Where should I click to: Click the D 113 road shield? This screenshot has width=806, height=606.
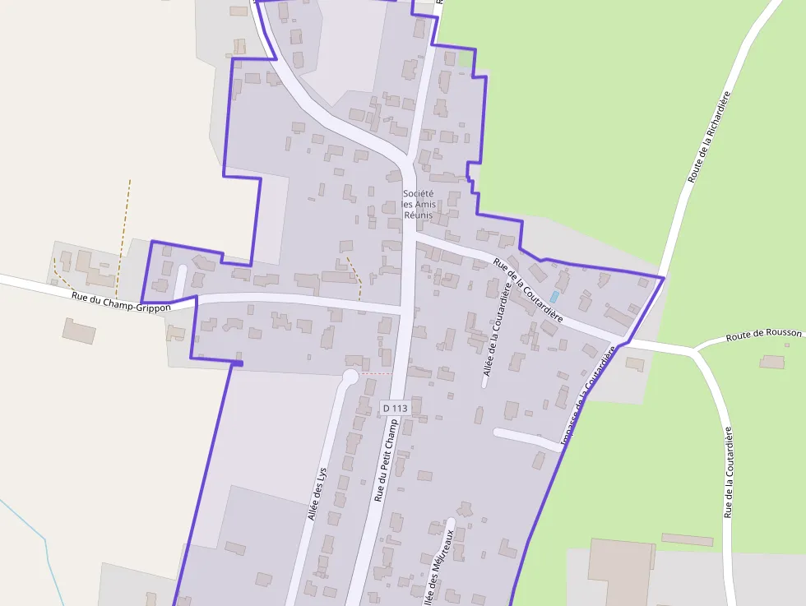395,408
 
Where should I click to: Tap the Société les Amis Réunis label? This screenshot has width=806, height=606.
418,204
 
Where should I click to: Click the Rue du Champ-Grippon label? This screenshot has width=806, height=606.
121,302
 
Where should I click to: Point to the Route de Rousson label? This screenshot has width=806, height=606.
763,335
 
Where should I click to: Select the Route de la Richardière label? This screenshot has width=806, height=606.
709,137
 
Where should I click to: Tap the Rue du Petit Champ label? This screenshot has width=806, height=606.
386,460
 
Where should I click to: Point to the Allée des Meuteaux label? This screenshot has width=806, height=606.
439,567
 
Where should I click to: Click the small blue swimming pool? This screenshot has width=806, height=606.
554,296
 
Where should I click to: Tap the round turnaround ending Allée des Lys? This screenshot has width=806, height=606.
350,377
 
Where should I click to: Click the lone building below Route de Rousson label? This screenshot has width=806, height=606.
772,362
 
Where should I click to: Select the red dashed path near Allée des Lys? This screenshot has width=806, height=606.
377,373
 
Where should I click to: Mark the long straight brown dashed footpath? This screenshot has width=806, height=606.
123,238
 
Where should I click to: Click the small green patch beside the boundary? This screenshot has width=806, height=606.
466,60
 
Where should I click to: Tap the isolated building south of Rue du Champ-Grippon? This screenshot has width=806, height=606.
80,331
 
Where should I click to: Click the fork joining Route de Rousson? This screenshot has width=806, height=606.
696,351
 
